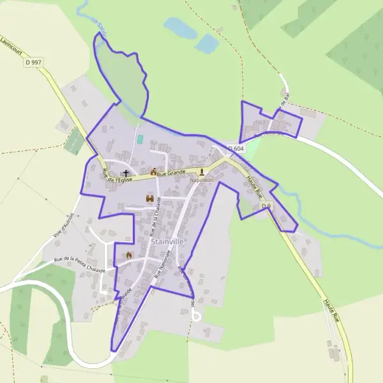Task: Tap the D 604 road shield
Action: click(x=237, y=149)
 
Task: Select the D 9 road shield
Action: click(x=266, y=206)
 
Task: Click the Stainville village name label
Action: click(x=167, y=243)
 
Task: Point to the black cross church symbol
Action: click(x=126, y=173)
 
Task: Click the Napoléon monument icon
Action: click(x=202, y=172)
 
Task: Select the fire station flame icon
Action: click(x=129, y=255)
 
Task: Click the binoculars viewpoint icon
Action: click(x=151, y=199)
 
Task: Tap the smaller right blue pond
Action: click(x=207, y=43)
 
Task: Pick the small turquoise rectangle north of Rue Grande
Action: click(x=140, y=139)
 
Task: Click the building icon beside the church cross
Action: click(x=153, y=172)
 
